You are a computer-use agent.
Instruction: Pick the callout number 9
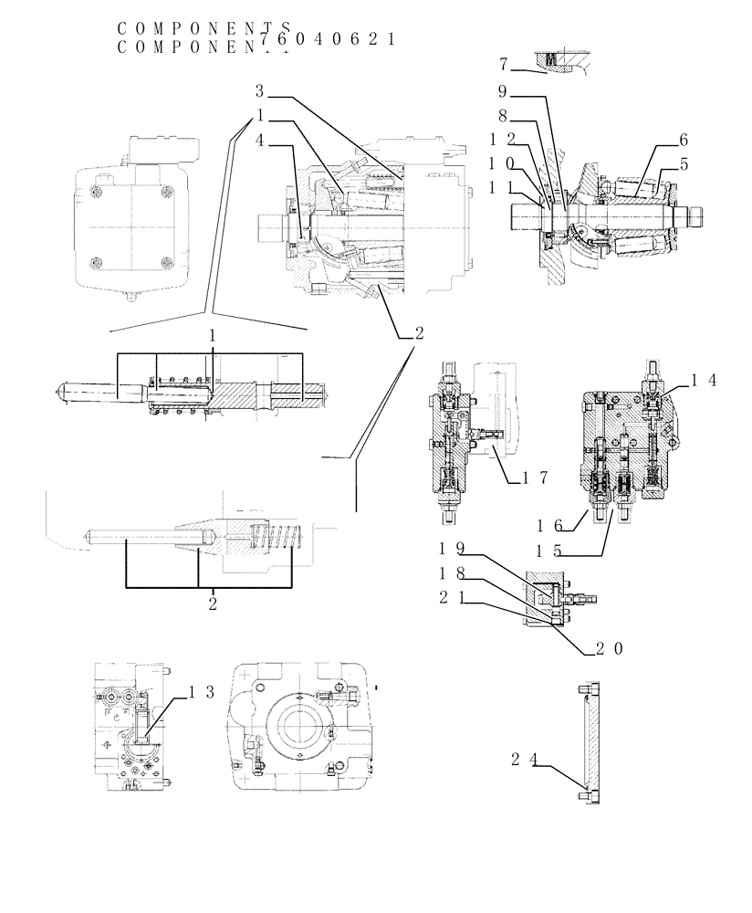(x=503, y=91)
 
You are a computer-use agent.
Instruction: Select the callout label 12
(x=503, y=140)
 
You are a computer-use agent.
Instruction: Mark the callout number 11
(x=503, y=188)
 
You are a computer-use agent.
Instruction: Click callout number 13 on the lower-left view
(x=202, y=692)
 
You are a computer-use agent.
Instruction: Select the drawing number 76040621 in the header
(x=327, y=39)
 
